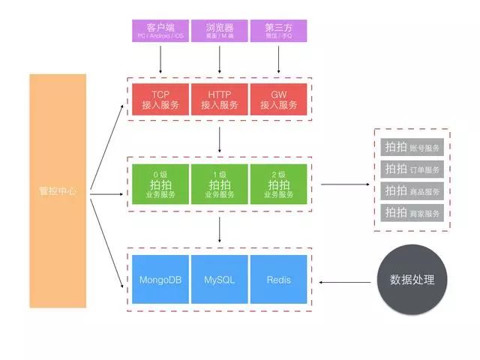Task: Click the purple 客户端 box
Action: coord(160,31)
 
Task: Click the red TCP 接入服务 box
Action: coord(160,100)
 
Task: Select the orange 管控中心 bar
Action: coord(58,190)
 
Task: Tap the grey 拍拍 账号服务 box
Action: coord(412,147)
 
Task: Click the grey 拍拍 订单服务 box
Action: coord(412,169)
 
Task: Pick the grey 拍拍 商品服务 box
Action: coord(412,190)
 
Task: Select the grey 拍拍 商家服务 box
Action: coord(412,212)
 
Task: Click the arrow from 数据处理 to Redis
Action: coord(346,282)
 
